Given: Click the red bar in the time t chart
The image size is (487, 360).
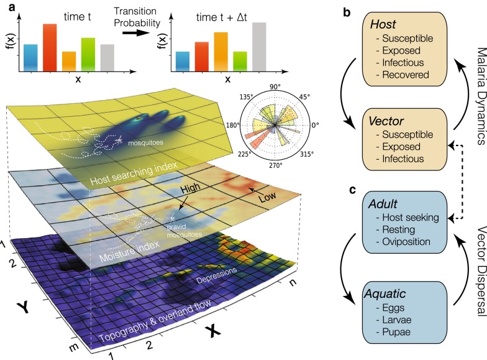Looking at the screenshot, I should coord(50,46).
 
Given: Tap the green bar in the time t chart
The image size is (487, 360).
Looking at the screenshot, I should coord(88,53).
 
